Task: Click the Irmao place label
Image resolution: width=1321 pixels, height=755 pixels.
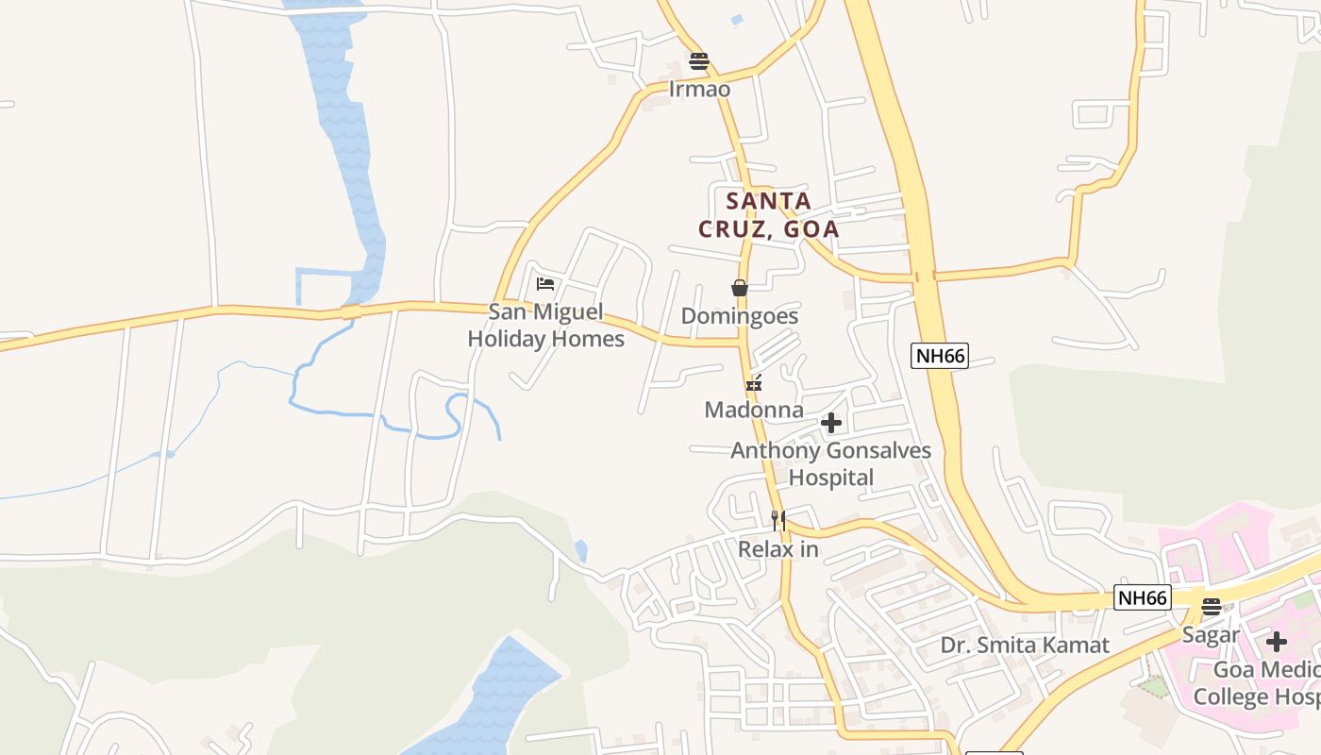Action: [x=699, y=89]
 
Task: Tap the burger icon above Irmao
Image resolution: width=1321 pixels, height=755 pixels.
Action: [x=699, y=62]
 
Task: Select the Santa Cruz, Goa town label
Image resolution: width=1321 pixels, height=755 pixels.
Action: [x=768, y=214]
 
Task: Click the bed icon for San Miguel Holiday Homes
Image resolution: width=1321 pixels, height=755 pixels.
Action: [x=545, y=283]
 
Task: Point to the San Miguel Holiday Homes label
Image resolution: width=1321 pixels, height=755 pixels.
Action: [x=545, y=326]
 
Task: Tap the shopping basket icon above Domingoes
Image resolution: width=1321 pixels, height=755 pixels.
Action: [x=740, y=288]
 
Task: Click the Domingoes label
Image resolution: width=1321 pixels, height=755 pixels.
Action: [x=740, y=316]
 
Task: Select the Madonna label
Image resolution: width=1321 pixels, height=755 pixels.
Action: [x=754, y=410]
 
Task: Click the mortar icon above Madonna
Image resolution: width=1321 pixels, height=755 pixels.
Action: [x=754, y=383]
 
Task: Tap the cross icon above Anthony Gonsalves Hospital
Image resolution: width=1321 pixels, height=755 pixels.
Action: [x=830, y=423]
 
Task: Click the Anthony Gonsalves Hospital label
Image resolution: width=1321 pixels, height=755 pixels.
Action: [x=830, y=463]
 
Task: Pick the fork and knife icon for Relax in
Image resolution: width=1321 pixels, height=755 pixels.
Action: [x=778, y=520]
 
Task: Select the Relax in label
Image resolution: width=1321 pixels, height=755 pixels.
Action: [x=778, y=548]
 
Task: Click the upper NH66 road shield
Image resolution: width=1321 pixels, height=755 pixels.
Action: [x=940, y=356]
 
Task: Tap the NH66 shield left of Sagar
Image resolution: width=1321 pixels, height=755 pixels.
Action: [x=1143, y=597]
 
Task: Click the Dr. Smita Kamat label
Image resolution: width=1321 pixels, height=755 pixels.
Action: [x=1025, y=646]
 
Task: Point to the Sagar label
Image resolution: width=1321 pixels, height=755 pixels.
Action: [x=1211, y=634]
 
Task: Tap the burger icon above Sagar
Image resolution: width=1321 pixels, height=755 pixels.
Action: [x=1212, y=607]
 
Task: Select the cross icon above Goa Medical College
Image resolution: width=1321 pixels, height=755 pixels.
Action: [x=1277, y=642]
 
